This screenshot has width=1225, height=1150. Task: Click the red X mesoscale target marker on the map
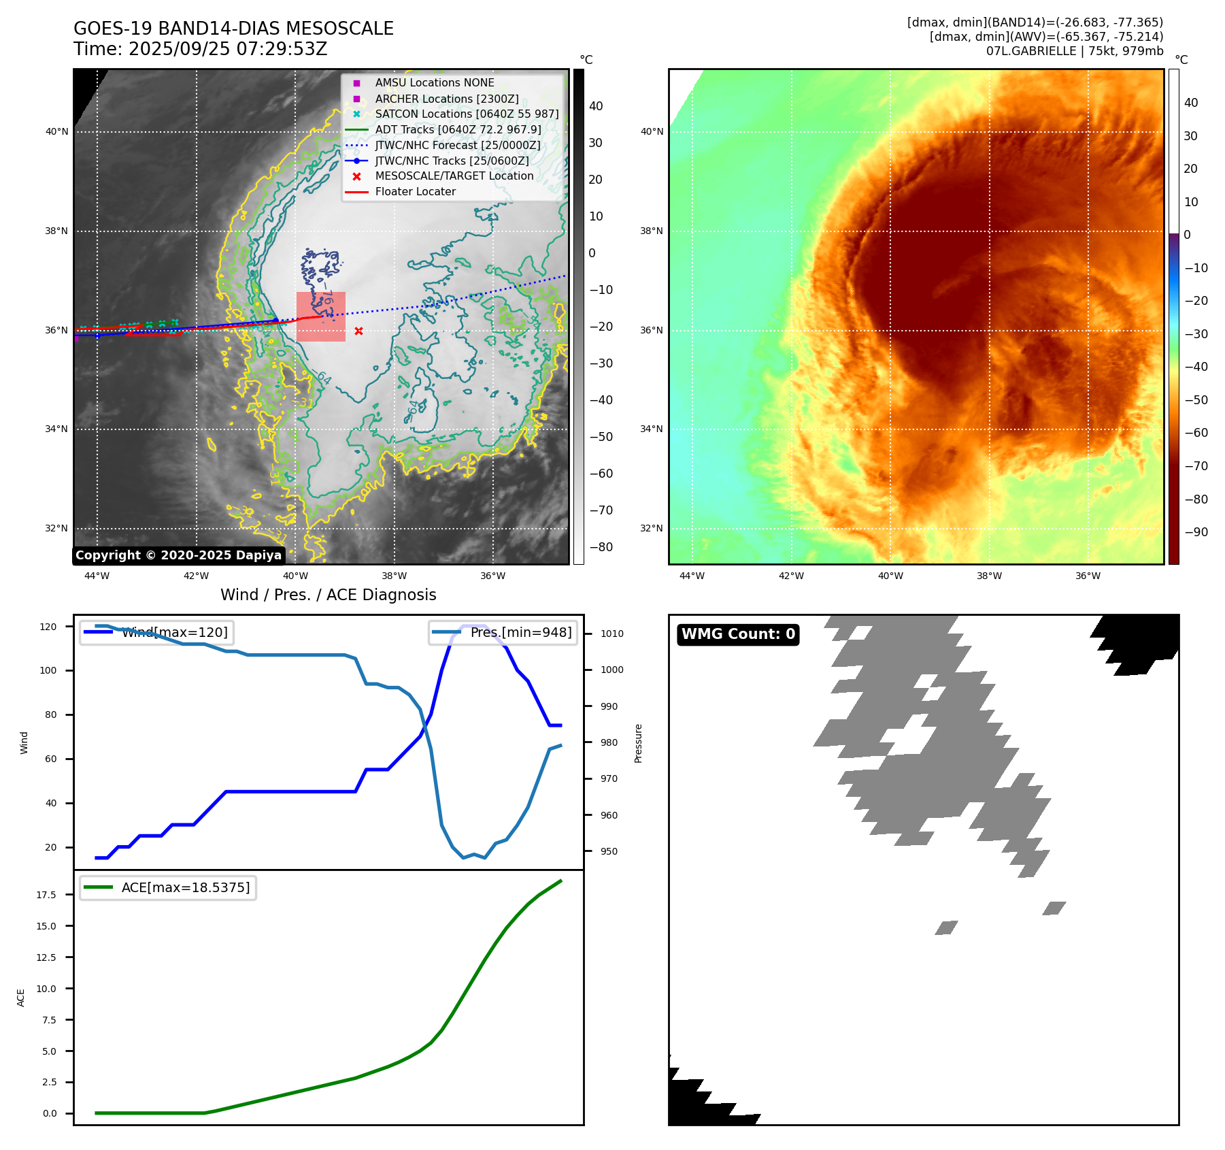[358, 331]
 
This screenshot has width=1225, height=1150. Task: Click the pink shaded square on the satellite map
[321, 316]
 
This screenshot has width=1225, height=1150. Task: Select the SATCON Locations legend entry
[467, 114]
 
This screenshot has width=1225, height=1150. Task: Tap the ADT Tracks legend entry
[458, 130]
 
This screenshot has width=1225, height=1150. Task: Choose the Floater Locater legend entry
[415, 192]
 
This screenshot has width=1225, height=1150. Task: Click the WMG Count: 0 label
[738, 634]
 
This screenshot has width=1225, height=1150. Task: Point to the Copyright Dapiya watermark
[178, 555]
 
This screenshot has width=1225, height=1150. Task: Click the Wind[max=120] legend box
[156, 632]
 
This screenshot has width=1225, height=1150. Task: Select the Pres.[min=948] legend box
[503, 632]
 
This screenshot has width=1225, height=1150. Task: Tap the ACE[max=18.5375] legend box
[168, 887]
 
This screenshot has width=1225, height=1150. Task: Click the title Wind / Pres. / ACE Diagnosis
[328, 595]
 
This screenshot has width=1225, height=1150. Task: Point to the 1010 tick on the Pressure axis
[611, 634]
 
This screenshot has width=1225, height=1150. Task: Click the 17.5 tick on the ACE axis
[46, 895]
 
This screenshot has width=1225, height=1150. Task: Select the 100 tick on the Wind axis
[48, 670]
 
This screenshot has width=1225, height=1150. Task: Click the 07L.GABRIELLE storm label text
[1075, 51]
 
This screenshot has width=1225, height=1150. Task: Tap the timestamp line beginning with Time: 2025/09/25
[201, 49]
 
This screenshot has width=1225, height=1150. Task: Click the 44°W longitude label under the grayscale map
[97, 576]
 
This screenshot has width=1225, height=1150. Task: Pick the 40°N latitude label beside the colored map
[652, 132]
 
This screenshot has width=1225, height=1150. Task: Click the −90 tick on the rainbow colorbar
[1196, 532]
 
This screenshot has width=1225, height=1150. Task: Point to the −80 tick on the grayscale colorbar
[601, 547]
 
